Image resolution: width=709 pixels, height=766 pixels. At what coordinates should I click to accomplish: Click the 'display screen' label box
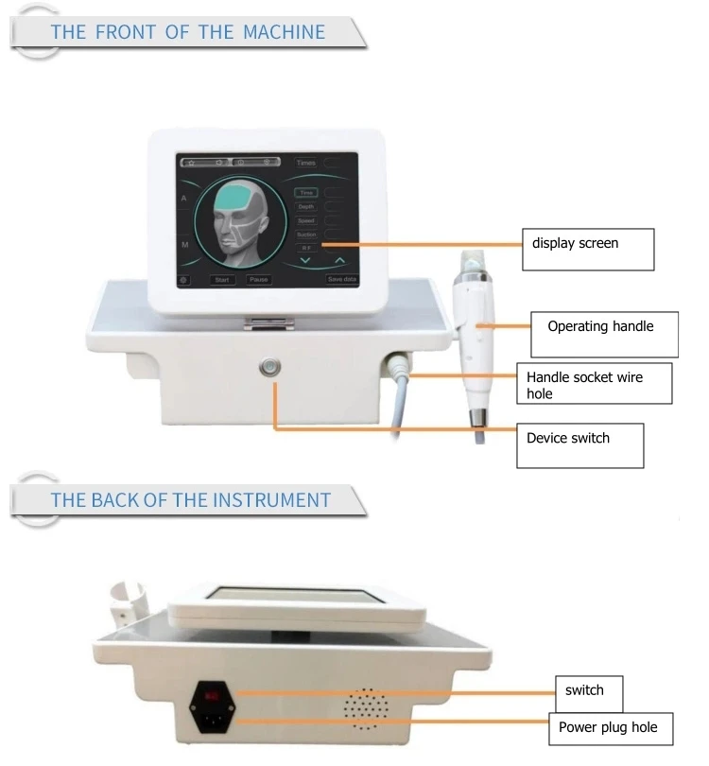pos(588,250)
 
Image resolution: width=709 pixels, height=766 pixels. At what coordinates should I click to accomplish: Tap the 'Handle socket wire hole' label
pos(593,384)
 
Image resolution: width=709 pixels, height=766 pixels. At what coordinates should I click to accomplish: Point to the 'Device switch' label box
pos(579,444)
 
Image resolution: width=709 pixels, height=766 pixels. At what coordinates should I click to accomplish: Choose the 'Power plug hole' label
pos(601,728)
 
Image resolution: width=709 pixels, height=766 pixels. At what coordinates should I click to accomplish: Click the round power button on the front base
pos(274,366)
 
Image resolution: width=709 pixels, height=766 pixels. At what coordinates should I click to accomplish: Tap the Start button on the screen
pos(222,280)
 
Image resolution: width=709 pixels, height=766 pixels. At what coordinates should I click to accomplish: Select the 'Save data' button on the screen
pos(341,280)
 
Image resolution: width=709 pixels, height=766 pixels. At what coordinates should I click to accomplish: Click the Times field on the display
pos(305,163)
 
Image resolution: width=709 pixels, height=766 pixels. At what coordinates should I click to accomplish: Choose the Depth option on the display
pos(306,206)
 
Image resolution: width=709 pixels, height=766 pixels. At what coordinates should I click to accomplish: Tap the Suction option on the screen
pos(306,234)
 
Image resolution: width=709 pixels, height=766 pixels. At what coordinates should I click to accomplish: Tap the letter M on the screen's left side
pos(185,244)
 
